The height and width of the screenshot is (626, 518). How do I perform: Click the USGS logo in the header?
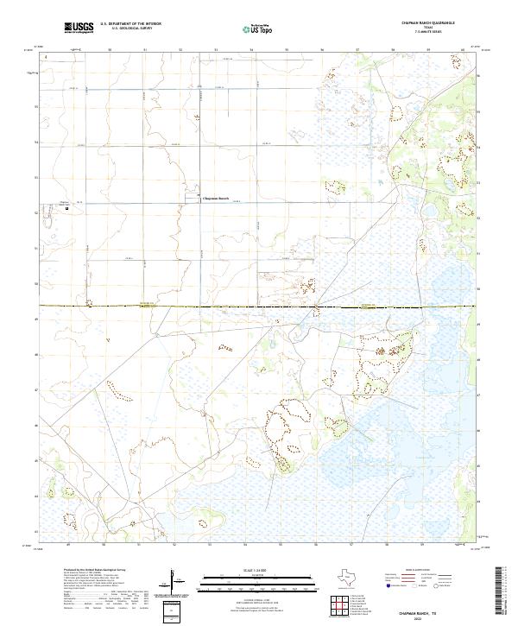point(79,28)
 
